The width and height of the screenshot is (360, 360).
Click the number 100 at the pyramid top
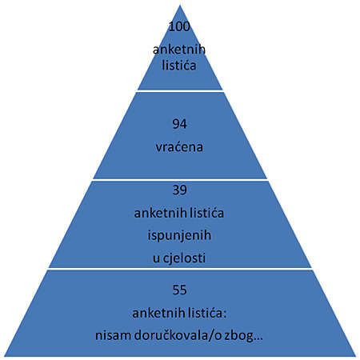[x=179, y=26]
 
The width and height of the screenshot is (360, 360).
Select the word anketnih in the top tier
[x=179, y=50]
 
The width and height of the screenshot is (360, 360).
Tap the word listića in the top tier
[x=179, y=66]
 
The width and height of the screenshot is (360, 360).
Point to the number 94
[x=179, y=124]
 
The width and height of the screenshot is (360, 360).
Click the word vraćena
[x=179, y=147]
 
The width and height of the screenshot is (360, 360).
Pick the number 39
[x=179, y=190]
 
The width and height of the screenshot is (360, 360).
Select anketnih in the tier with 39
[x=160, y=213]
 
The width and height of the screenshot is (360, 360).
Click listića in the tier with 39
[x=207, y=213]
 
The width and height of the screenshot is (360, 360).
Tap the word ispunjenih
[x=179, y=235]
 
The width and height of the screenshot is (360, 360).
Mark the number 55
[x=179, y=290]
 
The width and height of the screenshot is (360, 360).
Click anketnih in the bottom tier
[x=158, y=313]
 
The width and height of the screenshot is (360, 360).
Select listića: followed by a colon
[x=207, y=313]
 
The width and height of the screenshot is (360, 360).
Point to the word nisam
[x=113, y=335]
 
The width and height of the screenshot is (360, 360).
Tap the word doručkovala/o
[x=178, y=335]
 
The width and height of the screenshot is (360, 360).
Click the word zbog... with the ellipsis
[x=243, y=336]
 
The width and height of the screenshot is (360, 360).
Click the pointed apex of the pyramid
[x=180, y=6]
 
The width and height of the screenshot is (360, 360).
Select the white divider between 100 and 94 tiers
[x=180, y=91]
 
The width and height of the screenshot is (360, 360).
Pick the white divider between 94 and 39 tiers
[x=180, y=180]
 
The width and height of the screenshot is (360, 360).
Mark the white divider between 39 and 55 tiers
[x=180, y=269]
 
